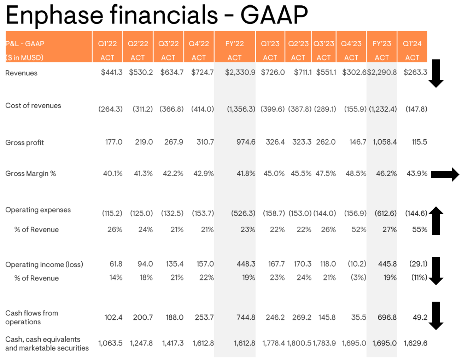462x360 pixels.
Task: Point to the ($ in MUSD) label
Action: pos(24,58)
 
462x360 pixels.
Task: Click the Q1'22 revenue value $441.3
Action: pos(111,72)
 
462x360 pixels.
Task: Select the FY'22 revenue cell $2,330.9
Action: pos(240,72)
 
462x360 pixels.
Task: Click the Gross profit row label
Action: pos(25,143)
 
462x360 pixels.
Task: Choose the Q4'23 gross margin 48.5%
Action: pos(356,174)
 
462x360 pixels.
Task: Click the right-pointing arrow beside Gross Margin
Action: pos(445,174)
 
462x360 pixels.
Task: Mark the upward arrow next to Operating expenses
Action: pos(436,220)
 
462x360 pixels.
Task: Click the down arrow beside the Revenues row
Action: pos(436,74)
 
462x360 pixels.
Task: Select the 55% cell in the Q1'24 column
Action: pos(420,230)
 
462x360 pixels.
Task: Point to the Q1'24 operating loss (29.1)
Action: pos(418,264)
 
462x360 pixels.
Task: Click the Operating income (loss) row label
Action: pos(44,265)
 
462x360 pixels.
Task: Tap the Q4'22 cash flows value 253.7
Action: pos(204,318)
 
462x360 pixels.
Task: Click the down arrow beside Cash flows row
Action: pos(436,315)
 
